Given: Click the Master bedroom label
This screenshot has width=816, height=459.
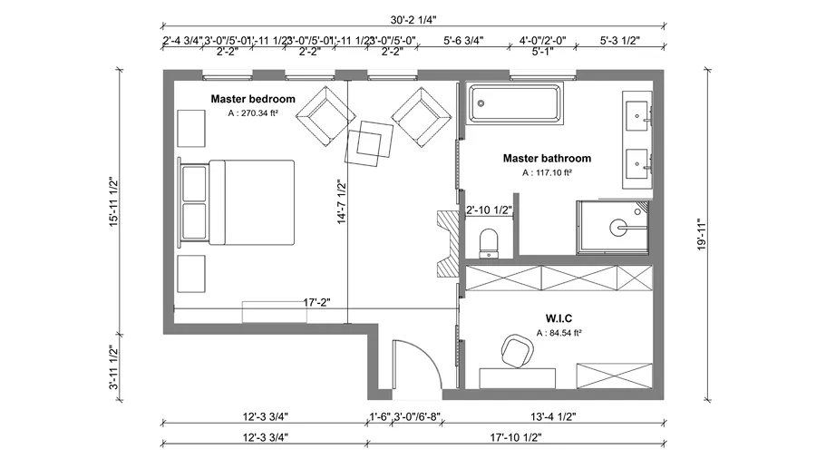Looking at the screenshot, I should [253, 98].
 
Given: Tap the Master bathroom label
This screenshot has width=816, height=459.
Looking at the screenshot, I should [547, 158].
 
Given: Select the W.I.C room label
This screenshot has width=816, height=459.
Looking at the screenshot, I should [557, 318].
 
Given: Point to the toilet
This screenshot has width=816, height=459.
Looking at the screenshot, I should [488, 241].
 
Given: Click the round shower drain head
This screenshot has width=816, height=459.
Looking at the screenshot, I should [620, 227].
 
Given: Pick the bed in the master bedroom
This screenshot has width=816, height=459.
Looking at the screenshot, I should [239, 203].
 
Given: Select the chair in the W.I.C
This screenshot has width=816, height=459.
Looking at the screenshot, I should [517, 350].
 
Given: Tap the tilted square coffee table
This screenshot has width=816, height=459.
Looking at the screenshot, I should [370, 144].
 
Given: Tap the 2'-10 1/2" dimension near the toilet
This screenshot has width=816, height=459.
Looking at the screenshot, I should [490, 210].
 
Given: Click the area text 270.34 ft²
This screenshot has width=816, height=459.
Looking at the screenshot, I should [253, 114].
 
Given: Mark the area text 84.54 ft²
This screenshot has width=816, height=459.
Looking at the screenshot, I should [558, 333].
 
